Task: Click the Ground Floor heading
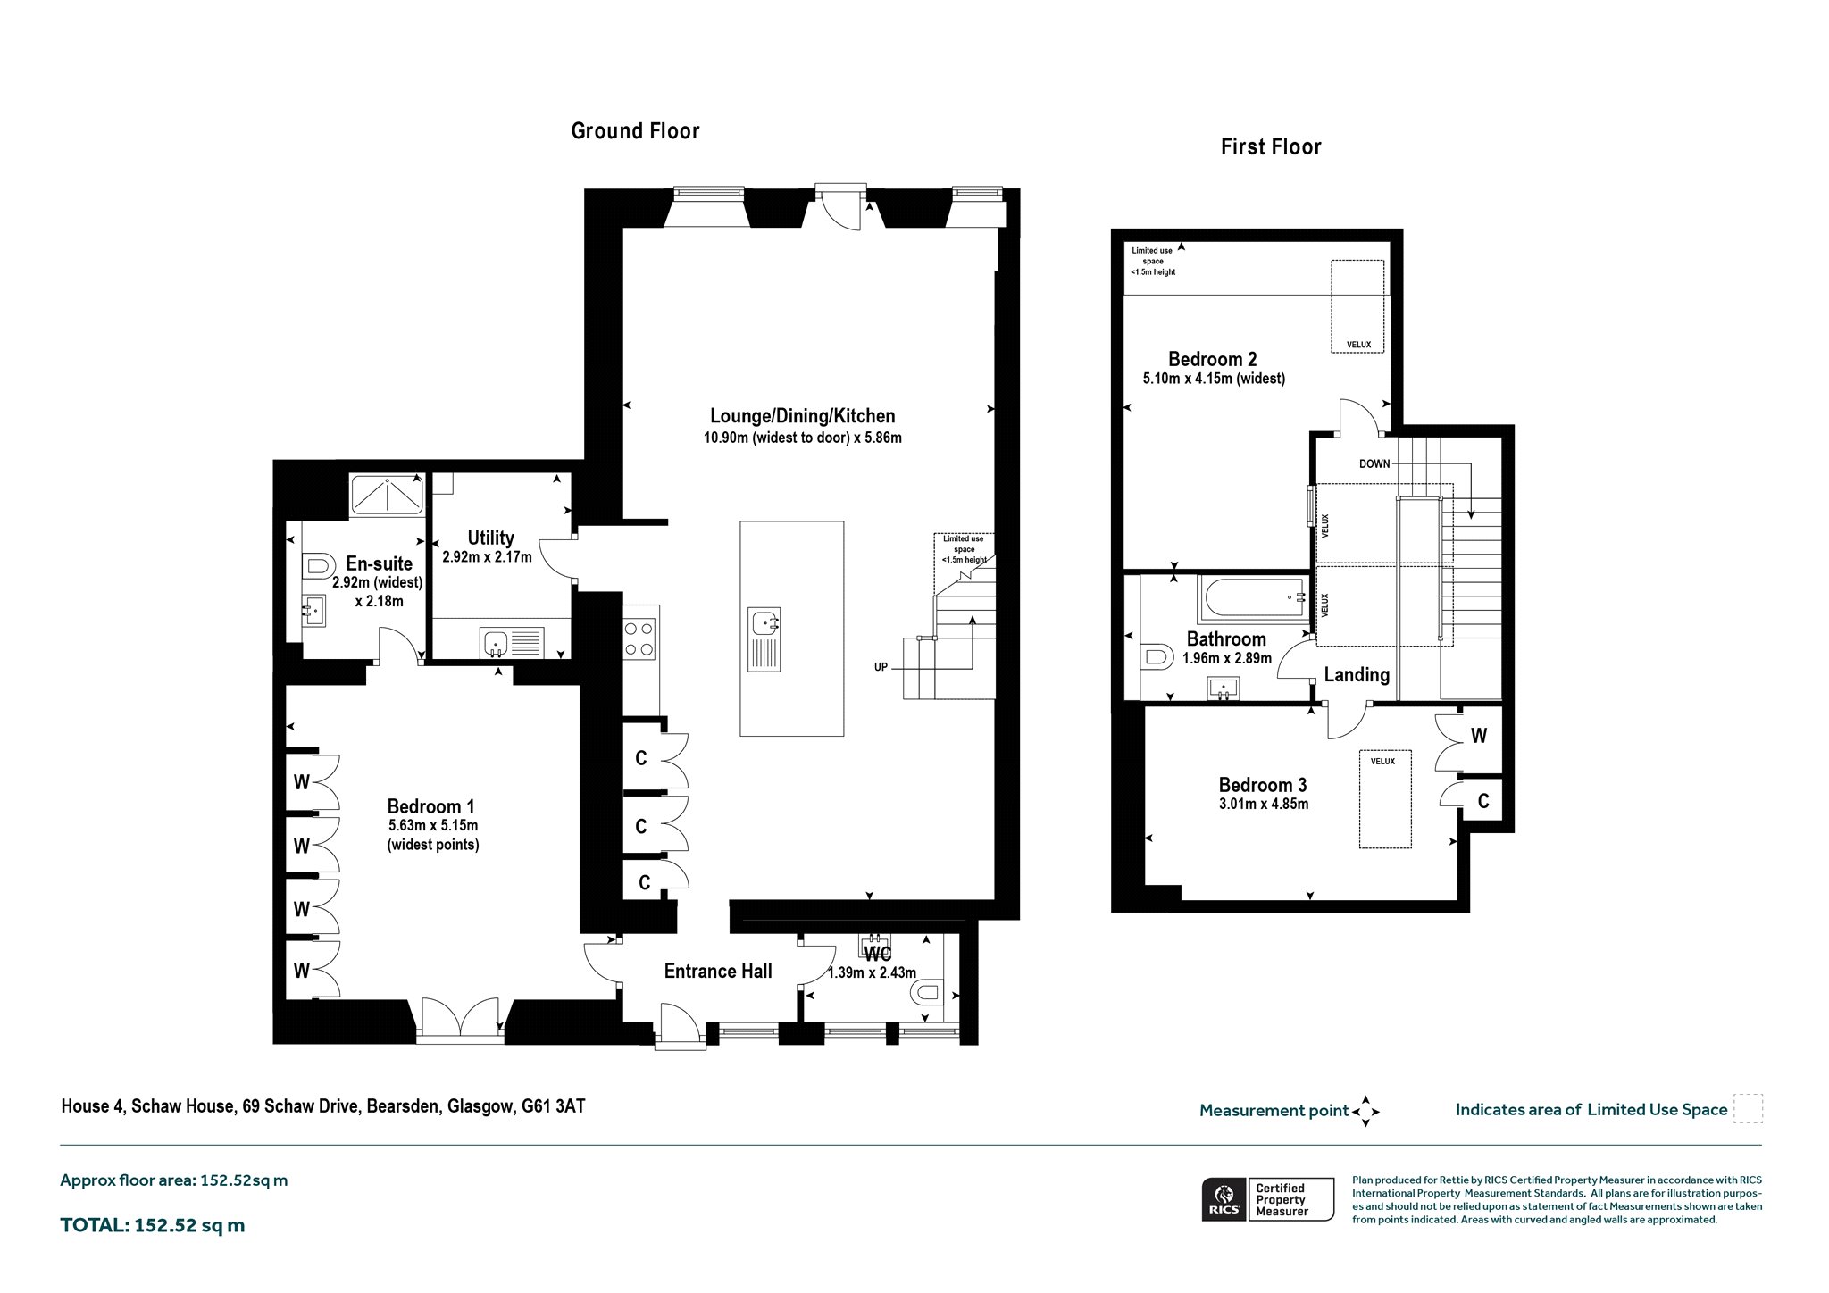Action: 635,131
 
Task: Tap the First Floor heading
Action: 1271,146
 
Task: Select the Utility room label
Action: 490,538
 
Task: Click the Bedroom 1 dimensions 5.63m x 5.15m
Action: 433,826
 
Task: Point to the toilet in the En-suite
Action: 317,565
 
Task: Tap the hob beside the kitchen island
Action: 639,638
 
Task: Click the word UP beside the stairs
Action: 881,667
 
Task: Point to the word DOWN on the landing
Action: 1374,464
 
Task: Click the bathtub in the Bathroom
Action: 1253,599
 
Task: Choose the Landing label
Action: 1357,675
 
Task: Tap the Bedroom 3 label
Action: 1263,785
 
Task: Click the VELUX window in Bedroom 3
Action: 1385,798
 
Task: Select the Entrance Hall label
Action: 718,971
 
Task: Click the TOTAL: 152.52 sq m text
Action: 153,1225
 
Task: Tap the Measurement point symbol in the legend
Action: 1365,1111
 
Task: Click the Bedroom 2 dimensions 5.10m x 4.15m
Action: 1214,379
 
